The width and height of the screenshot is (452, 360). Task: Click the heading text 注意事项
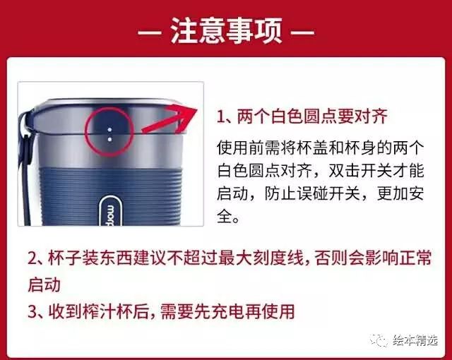pos(226,30)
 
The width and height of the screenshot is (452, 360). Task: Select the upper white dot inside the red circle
pos(109,130)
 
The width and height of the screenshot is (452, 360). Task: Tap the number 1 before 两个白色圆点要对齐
pos(220,116)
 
